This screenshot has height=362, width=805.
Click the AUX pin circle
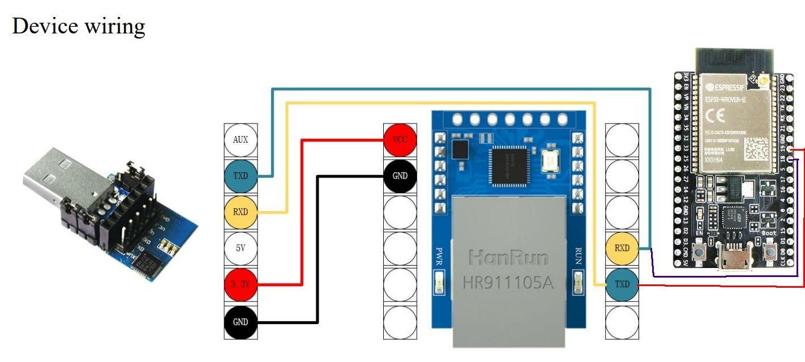tap(241, 139)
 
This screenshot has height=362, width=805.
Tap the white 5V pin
tap(241, 248)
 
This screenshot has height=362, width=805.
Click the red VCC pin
tap(400, 139)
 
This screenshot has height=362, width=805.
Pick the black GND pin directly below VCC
tap(400, 176)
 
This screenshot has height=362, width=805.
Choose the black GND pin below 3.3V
tap(241, 321)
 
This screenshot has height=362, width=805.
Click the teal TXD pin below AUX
tap(241, 176)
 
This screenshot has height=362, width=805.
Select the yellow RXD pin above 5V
tap(241, 212)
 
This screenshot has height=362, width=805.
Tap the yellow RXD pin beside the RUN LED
tap(622, 248)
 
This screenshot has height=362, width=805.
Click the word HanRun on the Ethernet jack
tap(508, 258)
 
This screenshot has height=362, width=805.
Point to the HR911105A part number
tap(508, 282)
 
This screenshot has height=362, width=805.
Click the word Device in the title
tap(46, 25)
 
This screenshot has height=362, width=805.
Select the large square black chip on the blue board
tap(511, 165)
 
